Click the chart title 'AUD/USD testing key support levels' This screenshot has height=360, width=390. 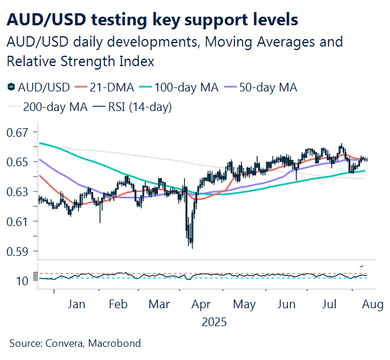tap(152, 19)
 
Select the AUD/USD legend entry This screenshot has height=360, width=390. tap(38, 87)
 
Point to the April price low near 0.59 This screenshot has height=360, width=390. tap(191, 247)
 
